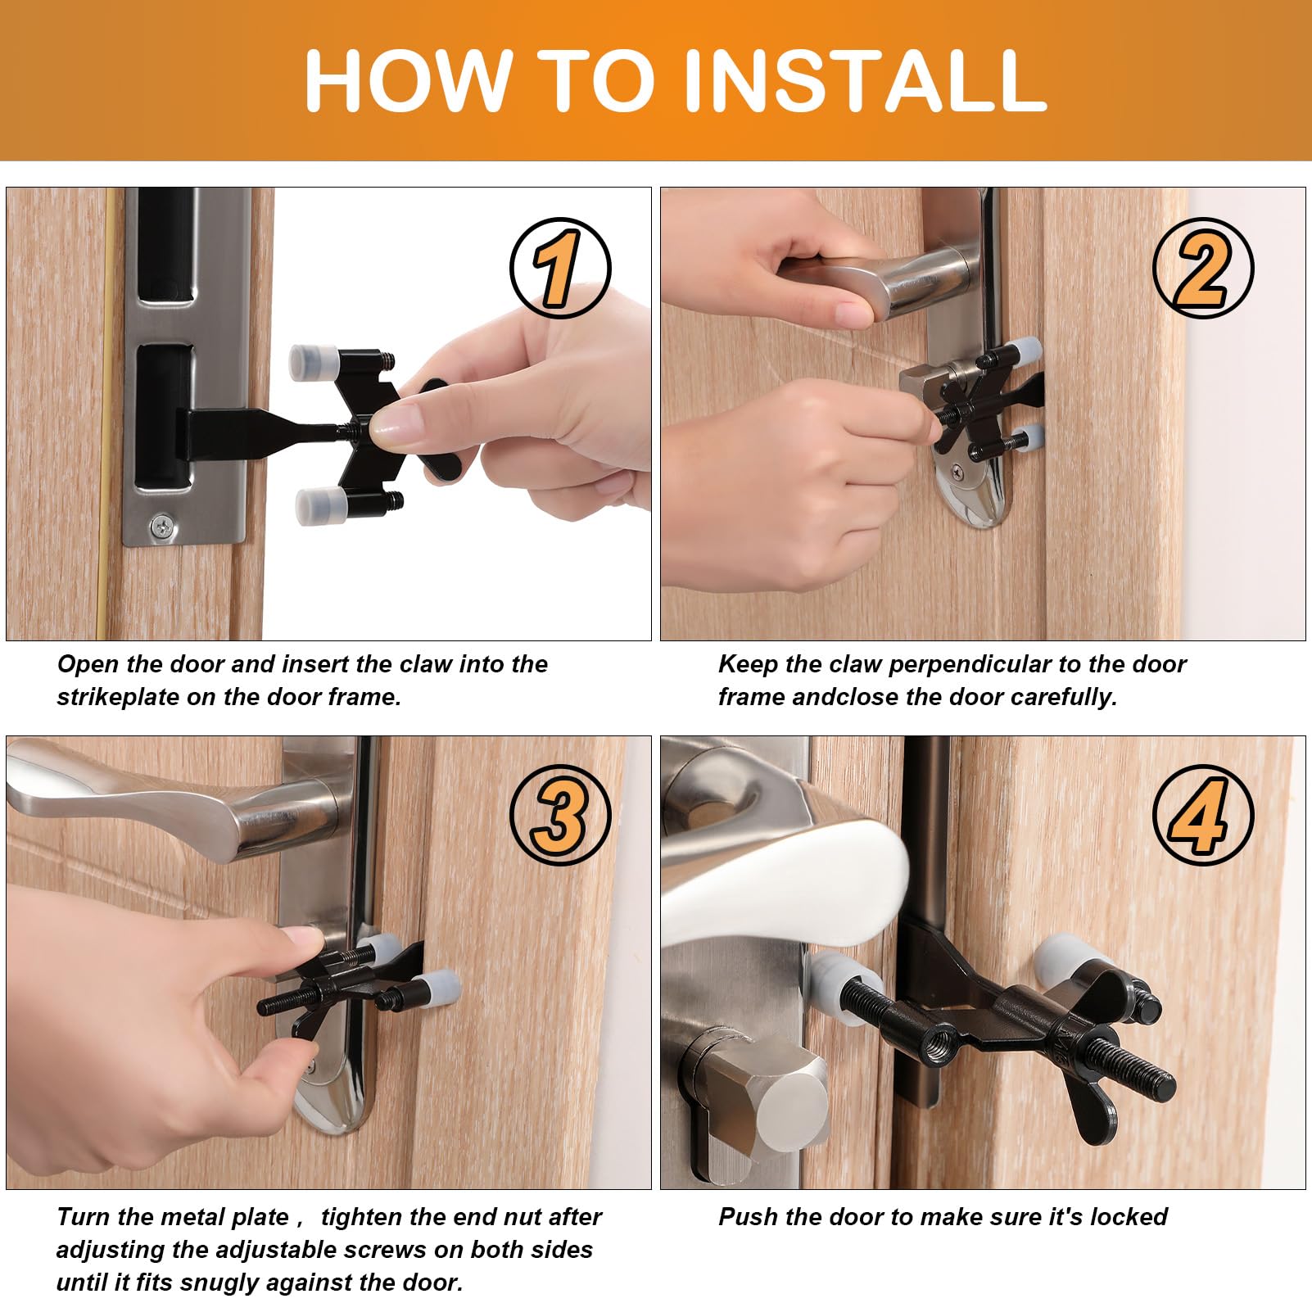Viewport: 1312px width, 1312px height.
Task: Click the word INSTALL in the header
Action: coord(864,79)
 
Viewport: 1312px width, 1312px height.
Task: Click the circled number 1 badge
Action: coord(560,268)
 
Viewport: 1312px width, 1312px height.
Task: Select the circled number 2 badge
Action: coord(1203,268)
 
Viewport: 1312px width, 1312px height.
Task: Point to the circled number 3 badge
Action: coord(560,816)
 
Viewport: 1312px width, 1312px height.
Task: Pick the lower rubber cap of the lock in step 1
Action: coord(320,505)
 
